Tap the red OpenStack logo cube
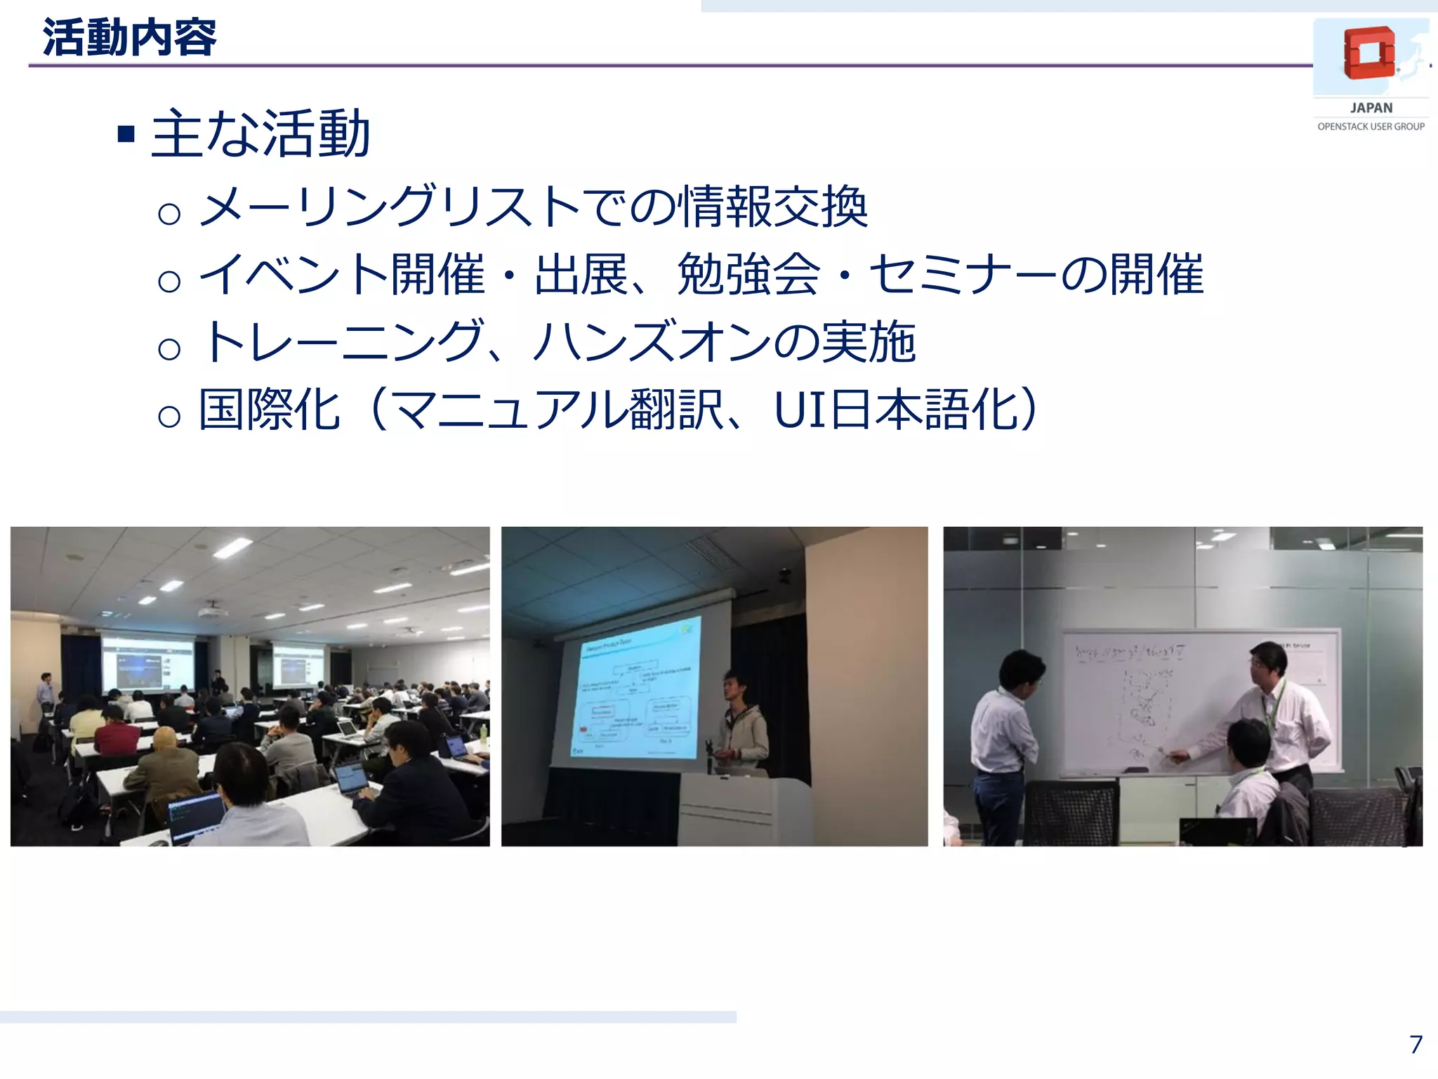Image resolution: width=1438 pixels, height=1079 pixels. click(1368, 53)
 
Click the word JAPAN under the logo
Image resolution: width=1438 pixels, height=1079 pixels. click(1371, 108)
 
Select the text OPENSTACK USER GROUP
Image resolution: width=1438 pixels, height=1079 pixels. click(1371, 126)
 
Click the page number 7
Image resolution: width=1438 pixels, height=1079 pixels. click(1416, 1045)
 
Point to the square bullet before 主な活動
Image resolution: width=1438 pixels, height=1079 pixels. click(126, 133)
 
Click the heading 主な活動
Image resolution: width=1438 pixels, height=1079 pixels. click(260, 133)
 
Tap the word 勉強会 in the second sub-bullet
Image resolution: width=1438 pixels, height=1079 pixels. click(748, 275)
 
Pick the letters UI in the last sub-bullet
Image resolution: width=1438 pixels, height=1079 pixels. click(800, 410)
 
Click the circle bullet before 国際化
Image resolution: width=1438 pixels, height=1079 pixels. click(169, 417)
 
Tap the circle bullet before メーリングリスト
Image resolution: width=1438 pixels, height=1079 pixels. click(169, 214)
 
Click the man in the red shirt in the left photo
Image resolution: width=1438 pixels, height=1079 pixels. click(116, 734)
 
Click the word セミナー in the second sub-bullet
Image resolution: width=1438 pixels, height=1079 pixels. click(963, 275)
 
